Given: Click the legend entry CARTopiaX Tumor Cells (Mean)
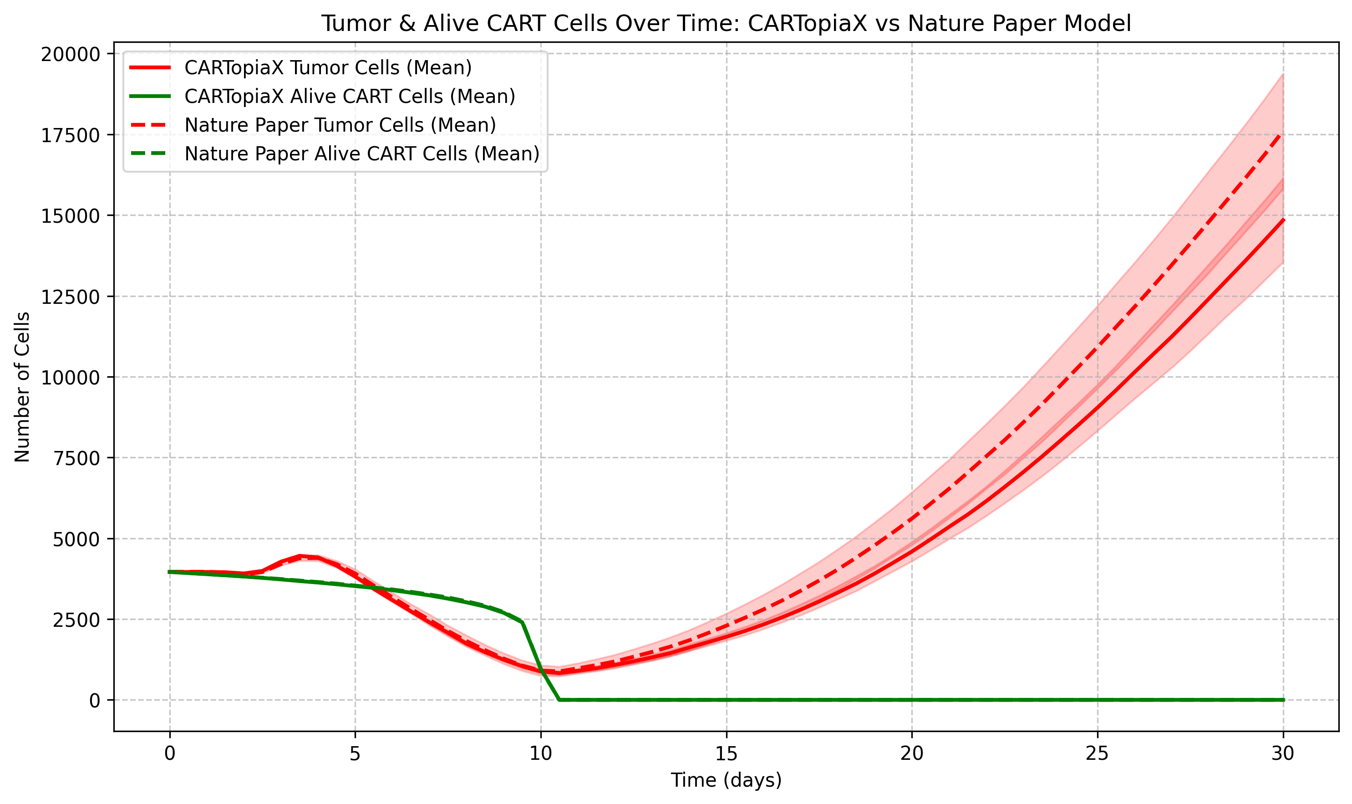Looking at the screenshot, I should [x=328, y=68].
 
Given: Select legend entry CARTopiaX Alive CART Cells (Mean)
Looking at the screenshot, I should [x=349, y=97].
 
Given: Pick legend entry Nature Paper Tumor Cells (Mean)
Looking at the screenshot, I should [x=340, y=125].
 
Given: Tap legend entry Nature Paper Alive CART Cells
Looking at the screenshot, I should [x=362, y=154].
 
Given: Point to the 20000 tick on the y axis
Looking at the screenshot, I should [x=71, y=54].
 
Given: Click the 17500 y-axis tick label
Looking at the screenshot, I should [x=71, y=135].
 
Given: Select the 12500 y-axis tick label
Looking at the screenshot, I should [x=71, y=297].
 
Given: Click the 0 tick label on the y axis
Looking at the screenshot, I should [x=95, y=701].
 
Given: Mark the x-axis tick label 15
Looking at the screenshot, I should [x=726, y=753].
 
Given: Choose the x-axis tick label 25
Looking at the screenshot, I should [x=1098, y=753].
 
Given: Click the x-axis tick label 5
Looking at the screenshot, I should [x=355, y=753].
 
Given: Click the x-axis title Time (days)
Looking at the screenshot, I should [x=726, y=781].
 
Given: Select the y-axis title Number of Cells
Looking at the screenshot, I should [x=22, y=387].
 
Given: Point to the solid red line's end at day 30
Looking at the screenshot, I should [x=1283, y=220].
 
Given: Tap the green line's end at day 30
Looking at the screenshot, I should [x=1283, y=700].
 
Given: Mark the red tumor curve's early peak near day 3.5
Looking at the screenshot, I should [x=300, y=556].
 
